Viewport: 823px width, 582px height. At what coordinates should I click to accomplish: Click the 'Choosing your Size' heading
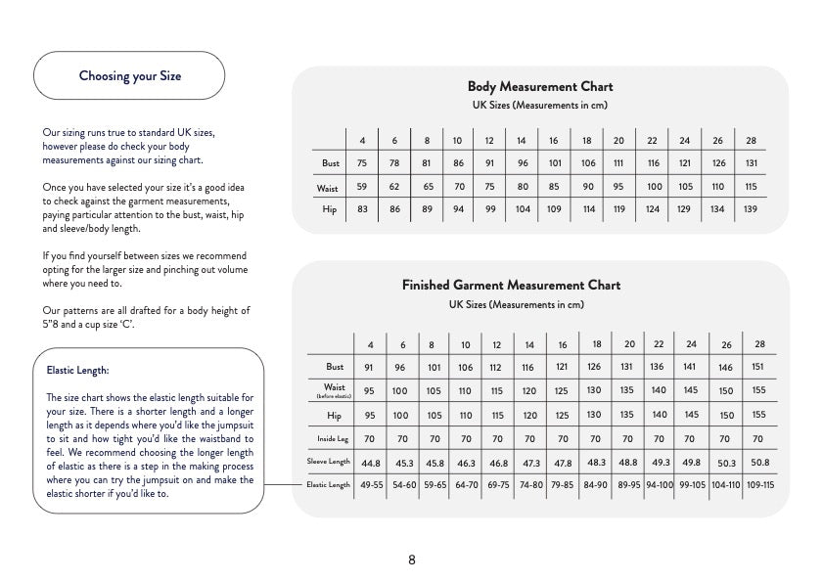(x=129, y=76)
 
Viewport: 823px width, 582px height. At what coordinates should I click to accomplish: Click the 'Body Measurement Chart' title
(x=540, y=87)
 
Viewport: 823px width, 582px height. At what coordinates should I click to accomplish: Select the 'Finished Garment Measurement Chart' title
(x=511, y=286)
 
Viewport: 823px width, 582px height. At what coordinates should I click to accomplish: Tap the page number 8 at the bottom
(x=412, y=560)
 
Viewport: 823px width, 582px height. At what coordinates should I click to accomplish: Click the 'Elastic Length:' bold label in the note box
(x=77, y=371)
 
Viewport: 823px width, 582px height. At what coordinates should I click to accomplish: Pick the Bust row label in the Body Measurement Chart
(x=331, y=163)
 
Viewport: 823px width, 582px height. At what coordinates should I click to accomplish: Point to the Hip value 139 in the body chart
(x=751, y=209)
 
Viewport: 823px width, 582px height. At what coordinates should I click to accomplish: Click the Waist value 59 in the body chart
(x=362, y=186)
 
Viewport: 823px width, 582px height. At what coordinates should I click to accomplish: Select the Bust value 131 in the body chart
(x=751, y=163)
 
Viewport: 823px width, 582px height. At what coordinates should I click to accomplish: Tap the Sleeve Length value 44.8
(x=371, y=463)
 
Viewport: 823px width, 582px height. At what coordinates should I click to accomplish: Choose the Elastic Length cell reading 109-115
(x=759, y=485)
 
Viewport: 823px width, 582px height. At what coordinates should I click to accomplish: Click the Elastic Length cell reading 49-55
(x=372, y=485)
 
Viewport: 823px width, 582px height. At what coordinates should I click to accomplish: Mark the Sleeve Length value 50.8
(x=759, y=462)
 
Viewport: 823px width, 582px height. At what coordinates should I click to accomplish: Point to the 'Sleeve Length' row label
(x=328, y=462)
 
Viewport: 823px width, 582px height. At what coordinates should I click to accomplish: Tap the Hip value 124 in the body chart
(x=653, y=209)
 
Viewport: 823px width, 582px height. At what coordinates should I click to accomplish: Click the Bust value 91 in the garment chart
(x=369, y=368)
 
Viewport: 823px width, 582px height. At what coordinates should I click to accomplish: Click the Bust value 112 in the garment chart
(x=497, y=368)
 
